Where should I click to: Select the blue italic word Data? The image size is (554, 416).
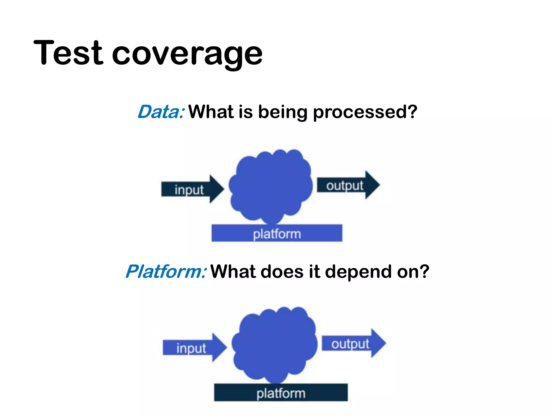(161, 112)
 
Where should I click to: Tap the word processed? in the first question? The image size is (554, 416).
(365, 112)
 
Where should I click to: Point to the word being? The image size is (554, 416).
(283, 112)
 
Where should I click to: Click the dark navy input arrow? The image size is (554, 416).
(189, 189)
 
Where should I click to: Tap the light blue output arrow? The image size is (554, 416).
(350, 343)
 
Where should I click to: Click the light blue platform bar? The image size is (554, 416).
(277, 233)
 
